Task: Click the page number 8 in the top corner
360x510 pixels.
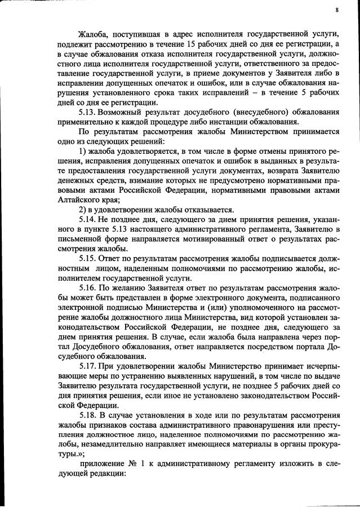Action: (x=336, y=10)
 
